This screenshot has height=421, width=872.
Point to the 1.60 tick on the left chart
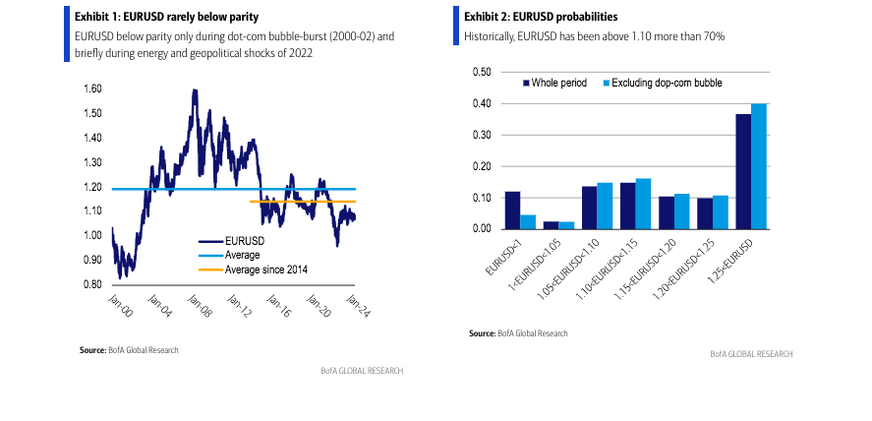pos(92,89)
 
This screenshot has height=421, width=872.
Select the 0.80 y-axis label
pos(92,284)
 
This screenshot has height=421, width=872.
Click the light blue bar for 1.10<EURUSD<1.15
pos(643,204)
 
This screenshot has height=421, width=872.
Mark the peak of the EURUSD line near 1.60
pos(195,90)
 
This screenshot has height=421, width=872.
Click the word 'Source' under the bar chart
pos(482,334)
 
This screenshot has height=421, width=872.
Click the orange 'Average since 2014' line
pos(295,202)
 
